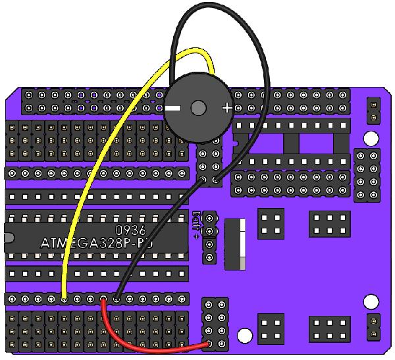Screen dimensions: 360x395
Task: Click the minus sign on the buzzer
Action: [x=173, y=107]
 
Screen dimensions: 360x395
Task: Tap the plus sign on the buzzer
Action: [x=226, y=107]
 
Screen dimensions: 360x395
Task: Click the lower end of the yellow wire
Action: [x=64, y=299]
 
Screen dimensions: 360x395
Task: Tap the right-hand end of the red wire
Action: [x=209, y=343]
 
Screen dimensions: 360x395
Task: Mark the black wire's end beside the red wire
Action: [x=117, y=299]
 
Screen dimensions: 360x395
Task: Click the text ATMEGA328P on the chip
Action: [x=92, y=243]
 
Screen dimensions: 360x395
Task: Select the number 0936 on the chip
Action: [x=130, y=230]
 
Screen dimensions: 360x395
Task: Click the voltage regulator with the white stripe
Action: [x=234, y=244]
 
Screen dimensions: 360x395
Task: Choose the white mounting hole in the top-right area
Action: [x=371, y=138]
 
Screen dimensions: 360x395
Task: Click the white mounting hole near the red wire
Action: [x=244, y=336]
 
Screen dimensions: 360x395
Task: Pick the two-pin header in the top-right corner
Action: [x=373, y=110]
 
